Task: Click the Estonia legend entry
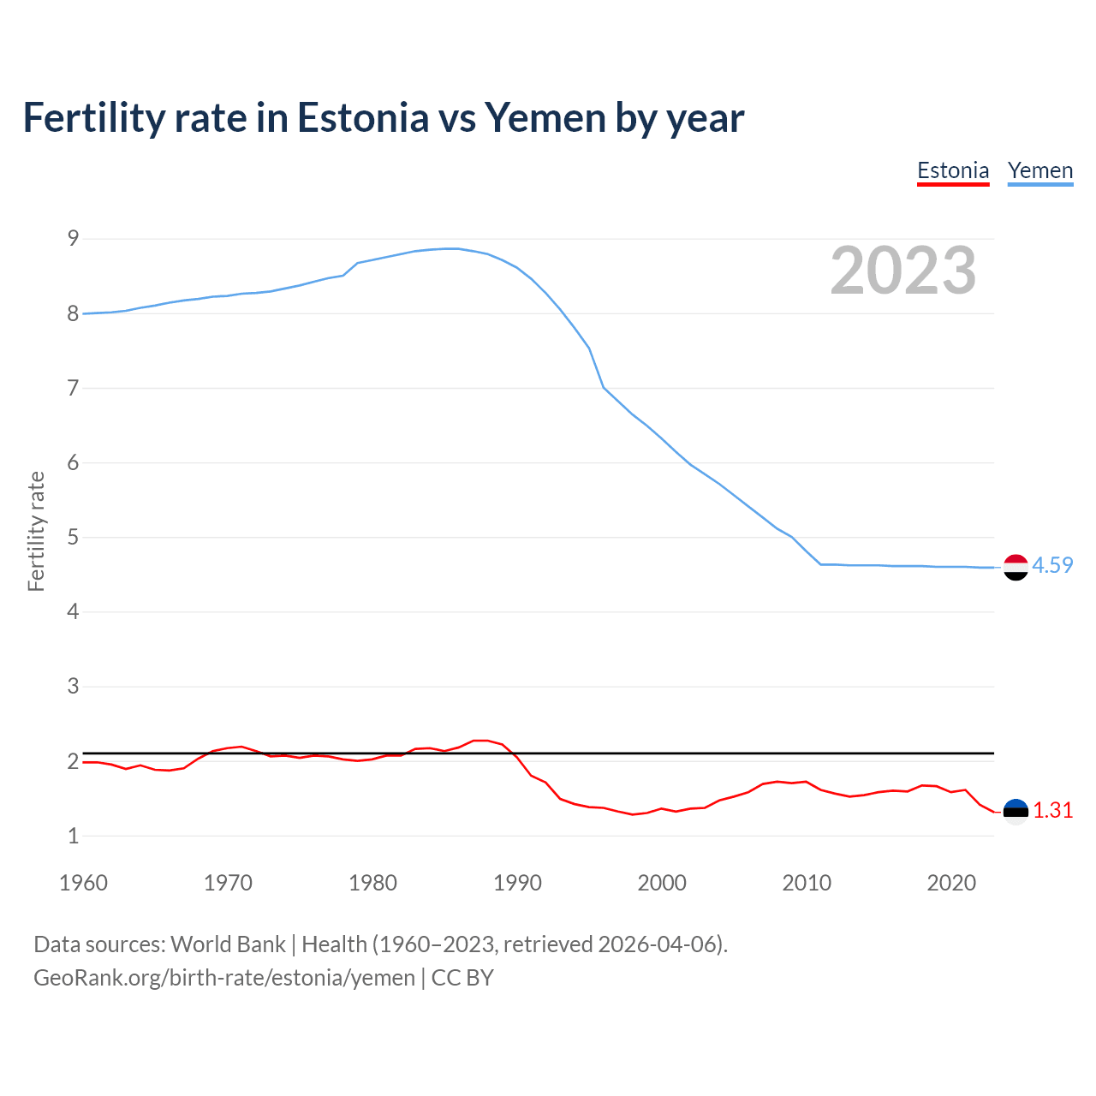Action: pyautogui.click(x=953, y=170)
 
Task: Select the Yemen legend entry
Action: pyautogui.click(x=1039, y=170)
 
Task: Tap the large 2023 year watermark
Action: pyautogui.click(x=903, y=271)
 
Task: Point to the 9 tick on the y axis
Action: pyautogui.click(x=73, y=239)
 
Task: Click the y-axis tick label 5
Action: pyautogui.click(x=73, y=538)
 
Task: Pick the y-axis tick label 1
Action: pyautogui.click(x=73, y=836)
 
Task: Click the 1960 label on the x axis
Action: pyautogui.click(x=83, y=883)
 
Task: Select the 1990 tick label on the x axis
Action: pyautogui.click(x=517, y=883)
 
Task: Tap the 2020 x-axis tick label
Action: pyautogui.click(x=951, y=883)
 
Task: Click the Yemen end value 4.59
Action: pyautogui.click(x=1052, y=565)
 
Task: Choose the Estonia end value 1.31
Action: pyautogui.click(x=1052, y=810)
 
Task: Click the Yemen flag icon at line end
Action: pyautogui.click(x=1016, y=567)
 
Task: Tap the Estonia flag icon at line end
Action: pyautogui.click(x=1016, y=812)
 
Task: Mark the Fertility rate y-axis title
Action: pyautogui.click(x=36, y=531)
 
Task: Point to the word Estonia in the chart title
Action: pyautogui.click(x=362, y=117)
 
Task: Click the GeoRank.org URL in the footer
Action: pyautogui.click(x=223, y=978)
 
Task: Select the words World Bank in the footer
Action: pyautogui.click(x=228, y=944)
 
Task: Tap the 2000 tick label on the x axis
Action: pyautogui.click(x=662, y=883)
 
